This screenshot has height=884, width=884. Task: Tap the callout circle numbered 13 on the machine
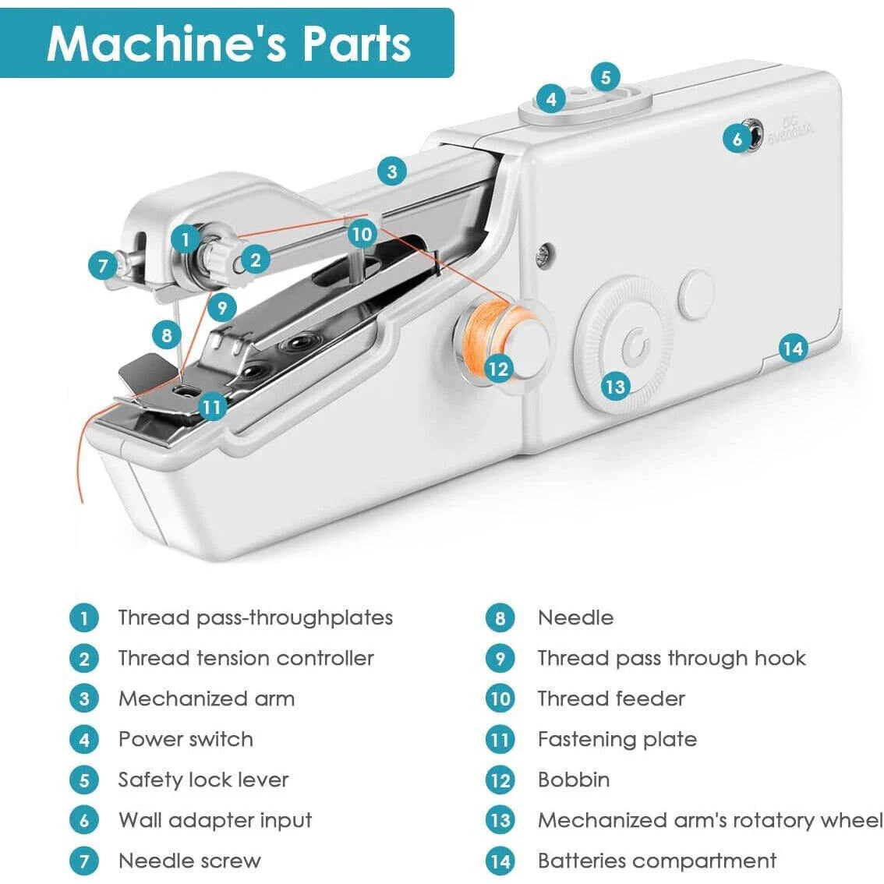coord(615,386)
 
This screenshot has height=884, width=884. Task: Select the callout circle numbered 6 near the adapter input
coord(737,140)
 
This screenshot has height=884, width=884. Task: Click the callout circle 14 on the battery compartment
coord(792,348)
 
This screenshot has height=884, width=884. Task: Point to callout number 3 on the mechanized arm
coord(392,171)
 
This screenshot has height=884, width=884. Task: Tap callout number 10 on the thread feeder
coord(362,233)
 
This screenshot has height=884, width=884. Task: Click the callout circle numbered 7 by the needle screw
coord(103,267)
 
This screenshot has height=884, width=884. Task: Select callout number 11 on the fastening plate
coord(212,406)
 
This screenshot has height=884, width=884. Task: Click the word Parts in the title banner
coord(356,44)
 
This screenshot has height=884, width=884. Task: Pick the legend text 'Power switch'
coord(186,739)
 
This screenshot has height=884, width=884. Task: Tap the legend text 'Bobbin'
coord(574,780)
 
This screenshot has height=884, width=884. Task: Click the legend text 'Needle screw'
coord(189,861)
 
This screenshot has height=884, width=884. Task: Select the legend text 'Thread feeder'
coord(611,698)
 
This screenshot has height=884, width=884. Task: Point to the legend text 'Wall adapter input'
coord(215,820)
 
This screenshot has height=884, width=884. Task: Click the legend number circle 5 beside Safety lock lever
coord(84,780)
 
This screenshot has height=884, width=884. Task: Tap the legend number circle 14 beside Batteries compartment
coord(500,861)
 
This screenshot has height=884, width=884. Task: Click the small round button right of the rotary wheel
coord(696,294)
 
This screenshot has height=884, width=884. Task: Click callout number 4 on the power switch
coord(551,99)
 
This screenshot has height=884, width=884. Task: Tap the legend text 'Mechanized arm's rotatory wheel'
coord(710,820)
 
